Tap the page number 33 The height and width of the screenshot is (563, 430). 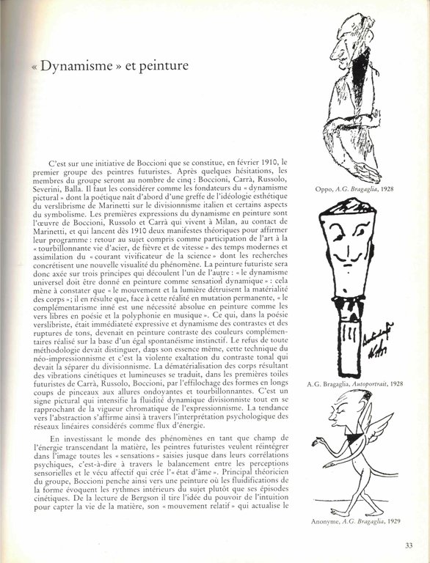[x=409, y=544]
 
